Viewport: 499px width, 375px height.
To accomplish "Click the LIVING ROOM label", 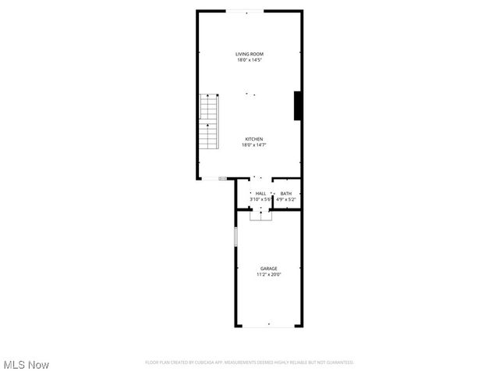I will [x=249, y=54].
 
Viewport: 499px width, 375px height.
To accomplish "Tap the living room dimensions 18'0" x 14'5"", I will [x=249, y=60].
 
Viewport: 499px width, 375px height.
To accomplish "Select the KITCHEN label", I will [x=249, y=139].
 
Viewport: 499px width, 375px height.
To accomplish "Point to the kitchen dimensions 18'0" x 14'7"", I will [x=249, y=145].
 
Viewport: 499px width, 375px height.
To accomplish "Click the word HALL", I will [x=260, y=193].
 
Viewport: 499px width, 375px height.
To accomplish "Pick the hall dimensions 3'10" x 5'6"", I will [x=260, y=199].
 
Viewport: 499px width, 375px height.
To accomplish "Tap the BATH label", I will [x=286, y=193].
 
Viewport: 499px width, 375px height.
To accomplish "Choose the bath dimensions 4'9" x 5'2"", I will [x=286, y=199].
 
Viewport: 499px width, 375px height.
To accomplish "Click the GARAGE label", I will [x=268, y=268].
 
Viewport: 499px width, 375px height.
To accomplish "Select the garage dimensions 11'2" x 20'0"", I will [x=268, y=274].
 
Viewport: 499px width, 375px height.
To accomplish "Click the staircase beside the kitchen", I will [x=209, y=123].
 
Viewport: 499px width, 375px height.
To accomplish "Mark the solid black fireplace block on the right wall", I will [x=297, y=105].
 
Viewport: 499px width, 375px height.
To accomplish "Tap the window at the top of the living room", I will [x=245, y=11].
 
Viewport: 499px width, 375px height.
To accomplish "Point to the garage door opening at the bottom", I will [x=267, y=326].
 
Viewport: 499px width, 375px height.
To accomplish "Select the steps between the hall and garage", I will [x=261, y=215].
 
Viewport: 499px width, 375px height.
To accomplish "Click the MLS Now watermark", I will [x=27, y=365].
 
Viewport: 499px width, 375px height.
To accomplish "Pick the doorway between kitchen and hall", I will [x=260, y=179].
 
